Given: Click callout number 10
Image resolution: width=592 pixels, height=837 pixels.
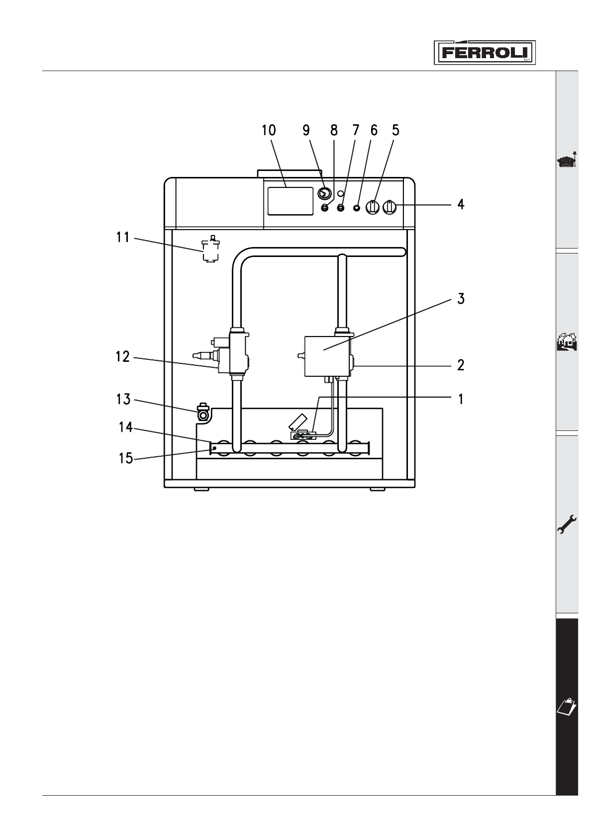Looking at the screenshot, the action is point(269,130).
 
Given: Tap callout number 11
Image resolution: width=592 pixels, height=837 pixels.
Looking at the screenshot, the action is point(123,237).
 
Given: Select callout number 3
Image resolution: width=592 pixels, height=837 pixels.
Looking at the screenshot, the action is point(461,299).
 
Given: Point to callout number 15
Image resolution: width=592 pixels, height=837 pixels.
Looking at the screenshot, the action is point(126,458).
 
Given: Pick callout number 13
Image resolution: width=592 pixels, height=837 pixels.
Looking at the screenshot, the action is point(123,399).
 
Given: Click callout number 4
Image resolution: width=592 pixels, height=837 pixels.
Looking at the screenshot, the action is point(461,204).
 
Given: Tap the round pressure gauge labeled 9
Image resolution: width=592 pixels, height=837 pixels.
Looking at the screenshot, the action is point(324,193).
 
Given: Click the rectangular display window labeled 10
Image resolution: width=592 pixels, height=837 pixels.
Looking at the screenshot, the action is point(290,201).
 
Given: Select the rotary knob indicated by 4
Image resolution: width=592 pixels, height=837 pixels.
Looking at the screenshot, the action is point(390,207).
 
